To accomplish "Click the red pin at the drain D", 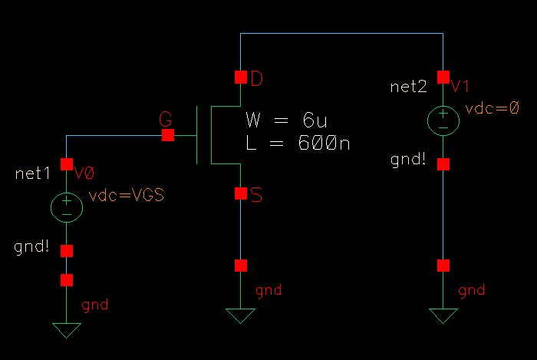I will (241, 77).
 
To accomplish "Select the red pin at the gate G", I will (168, 135).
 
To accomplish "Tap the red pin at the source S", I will (241, 193).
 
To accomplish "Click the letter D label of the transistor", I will (257, 78).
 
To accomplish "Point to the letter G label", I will (165, 119).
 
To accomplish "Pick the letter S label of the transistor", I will (257, 196).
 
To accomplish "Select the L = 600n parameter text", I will (298, 142).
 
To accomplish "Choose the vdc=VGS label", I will (127, 196).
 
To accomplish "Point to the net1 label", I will (32, 173).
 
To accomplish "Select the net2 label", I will (408, 87).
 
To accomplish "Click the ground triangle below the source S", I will (241, 315).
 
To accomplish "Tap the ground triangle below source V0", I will (67, 330).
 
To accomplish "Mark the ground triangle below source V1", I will (443, 315).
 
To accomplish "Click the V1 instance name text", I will (460, 86).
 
